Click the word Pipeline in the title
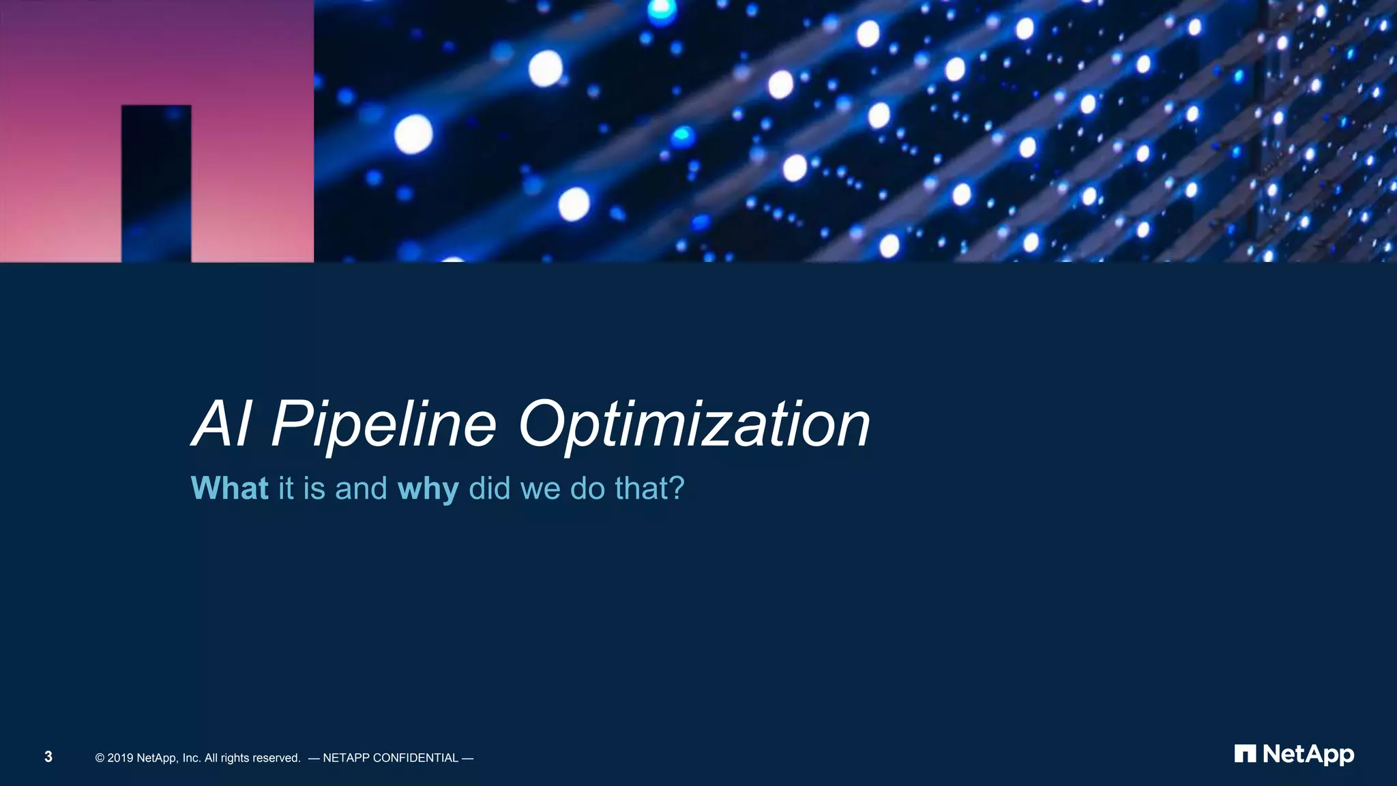pyautogui.click(x=384, y=425)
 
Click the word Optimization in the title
pyautogui.click(x=694, y=425)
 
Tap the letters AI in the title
pyautogui.click(x=222, y=424)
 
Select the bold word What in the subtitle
pyautogui.click(x=229, y=489)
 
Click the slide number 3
pyautogui.click(x=48, y=757)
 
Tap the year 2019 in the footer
pyautogui.click(x=120, y=758)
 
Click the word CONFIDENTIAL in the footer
pyautogui.click(x=415, y=758)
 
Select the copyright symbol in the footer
pyautogui.click(x=100, y=758)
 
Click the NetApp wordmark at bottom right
pyautogui.click(x=1308, y=755)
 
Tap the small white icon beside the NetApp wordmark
pyautogui.click(x=1245, y=754)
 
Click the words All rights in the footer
pyautogui.click(x=226, y=758)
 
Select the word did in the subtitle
pyautogui.click(x=490, y=489)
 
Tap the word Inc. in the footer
pyautogui.click(x=192, y=758)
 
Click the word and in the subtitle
pyautogui.click(x=361, y=489)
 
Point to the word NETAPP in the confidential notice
pyautogui.click(x=346, y=758)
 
